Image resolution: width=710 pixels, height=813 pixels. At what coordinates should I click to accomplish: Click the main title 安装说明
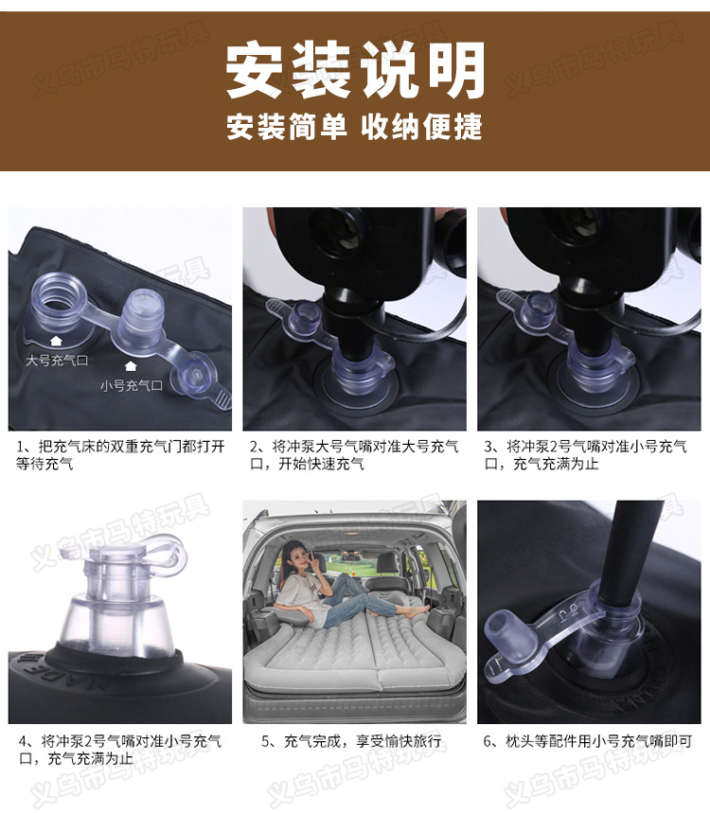[355, 72]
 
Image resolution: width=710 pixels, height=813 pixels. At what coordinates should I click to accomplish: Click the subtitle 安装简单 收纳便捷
[355, 127]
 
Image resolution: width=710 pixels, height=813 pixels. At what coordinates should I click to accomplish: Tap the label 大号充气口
[57, 361]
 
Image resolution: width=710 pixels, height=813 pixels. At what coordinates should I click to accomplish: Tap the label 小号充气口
[132, 385]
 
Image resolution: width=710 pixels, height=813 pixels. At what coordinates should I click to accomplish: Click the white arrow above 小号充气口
[131, 365]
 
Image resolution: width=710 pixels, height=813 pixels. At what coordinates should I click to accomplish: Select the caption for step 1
[119, 454]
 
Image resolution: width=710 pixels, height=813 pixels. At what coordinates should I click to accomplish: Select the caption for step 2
[354, 454]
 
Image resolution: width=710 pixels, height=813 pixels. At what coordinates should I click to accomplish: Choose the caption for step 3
[587, 454]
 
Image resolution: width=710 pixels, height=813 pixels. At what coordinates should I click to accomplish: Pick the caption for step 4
[119, 750]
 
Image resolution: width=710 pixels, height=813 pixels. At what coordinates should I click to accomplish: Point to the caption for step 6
[587, 741]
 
